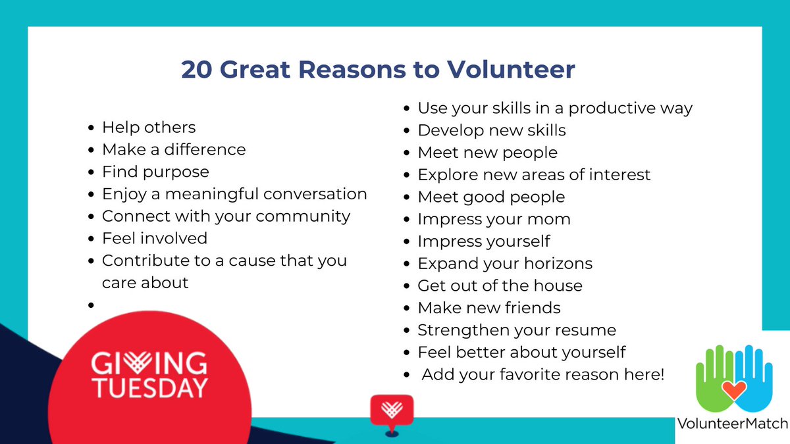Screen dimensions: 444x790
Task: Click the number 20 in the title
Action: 197,70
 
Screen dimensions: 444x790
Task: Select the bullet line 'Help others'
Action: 149,127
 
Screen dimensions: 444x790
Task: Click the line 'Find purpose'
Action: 155,172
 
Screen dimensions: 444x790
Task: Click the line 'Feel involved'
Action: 155,238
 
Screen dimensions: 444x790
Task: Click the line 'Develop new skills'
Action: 492,130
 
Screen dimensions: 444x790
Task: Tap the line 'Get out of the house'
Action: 500,285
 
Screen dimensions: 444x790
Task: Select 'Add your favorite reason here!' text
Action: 543,375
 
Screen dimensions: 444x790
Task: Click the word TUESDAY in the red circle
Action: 149,388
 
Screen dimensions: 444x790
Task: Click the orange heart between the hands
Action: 731,391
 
